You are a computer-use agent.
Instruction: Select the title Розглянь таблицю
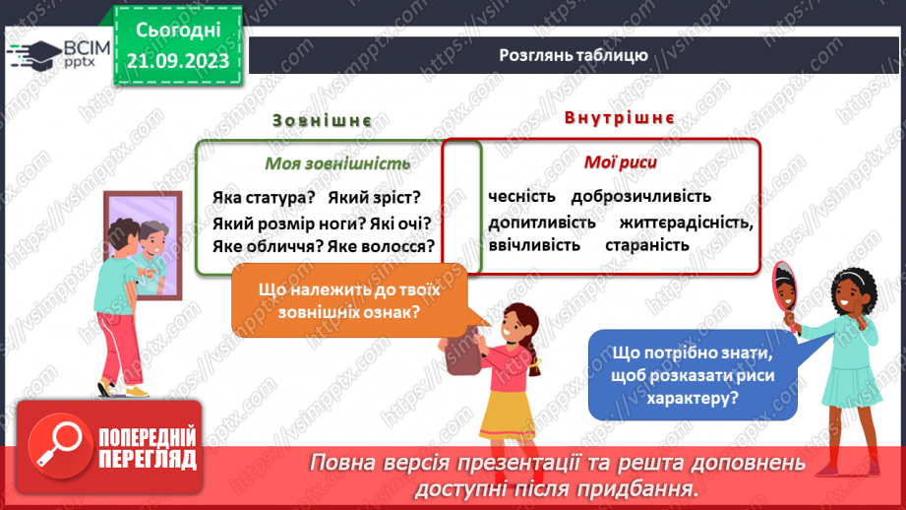[x=572, y=55]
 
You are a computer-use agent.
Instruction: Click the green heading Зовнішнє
[x=322, y=120]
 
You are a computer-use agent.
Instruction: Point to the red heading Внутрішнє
[x=619, y=118]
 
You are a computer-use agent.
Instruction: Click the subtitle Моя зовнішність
[x=324, y=163]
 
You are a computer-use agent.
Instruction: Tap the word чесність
[x=521, y=197]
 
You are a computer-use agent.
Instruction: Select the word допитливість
[x=542, y=223]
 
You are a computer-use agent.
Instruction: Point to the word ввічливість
[x=534, y=244]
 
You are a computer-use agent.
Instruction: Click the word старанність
[x=647, y=244]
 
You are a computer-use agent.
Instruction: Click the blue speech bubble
[x=680, y=375]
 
